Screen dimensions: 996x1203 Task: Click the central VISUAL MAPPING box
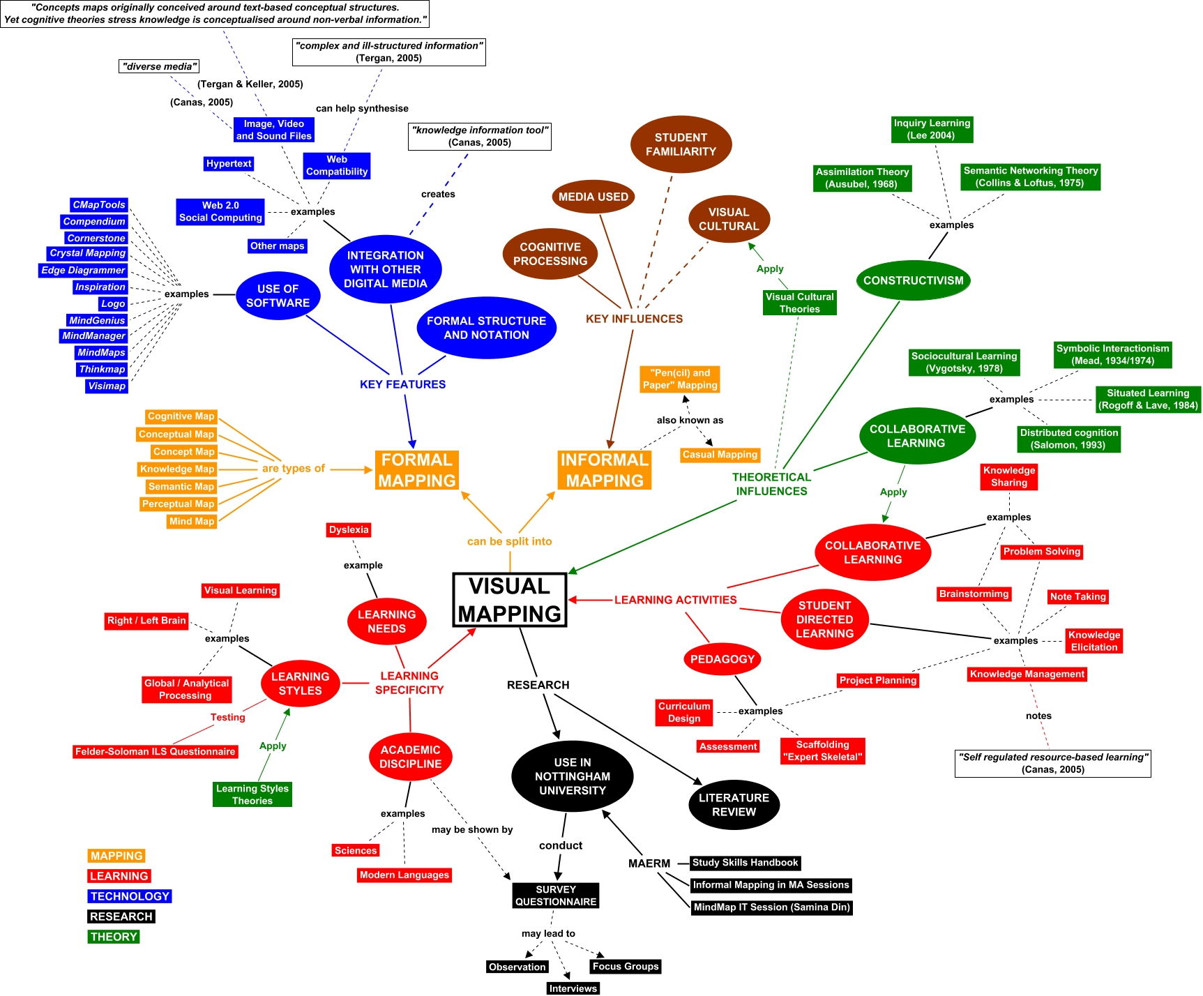pyautogui.click(x=509, y=600)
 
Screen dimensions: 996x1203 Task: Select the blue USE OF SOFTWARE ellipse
pyautogui.click(x=278, y=296)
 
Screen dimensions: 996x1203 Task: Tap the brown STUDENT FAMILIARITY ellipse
pyautogui.click(x=681, y=144)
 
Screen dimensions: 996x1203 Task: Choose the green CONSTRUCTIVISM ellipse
pyautogui.click(x=913, y=280)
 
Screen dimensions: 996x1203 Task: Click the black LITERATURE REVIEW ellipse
pyautogui.click(x=734, y=805)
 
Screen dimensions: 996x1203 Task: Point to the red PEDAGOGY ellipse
pyautogui.click(x=722, y=659)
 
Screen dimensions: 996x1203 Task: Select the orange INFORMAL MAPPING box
pyautogui.click(x=605, y=470)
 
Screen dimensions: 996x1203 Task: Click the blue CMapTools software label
pyautogui.click(x=99, y=205)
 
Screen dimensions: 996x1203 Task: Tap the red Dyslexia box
pyautogui.click(x=349, y=530)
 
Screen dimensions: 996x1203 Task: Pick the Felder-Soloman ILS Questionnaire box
pyautogui.click(x=156, y=752)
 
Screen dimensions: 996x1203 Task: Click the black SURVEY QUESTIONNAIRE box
pyautogui.click(x=556, y=896)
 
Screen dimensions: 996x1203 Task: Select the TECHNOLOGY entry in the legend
pyautogui.click(x=130, y=896)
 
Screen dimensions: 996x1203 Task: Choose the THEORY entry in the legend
pyautogui.click(x=113, y=937)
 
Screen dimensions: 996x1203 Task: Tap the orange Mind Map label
pyautogui.click(x=192, y=521)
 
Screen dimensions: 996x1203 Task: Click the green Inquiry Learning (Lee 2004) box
pyautogui.click(x=932, y=129)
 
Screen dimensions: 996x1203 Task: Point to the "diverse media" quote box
pyautogui.click(x=160, y=66)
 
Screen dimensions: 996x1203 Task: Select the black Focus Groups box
pyautogui.click(x=626, y=967)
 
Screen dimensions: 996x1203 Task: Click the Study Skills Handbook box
pyautogui.click(x=745, y=863)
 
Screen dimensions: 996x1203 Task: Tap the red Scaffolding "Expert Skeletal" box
pyautogui.click(x=822, y=750)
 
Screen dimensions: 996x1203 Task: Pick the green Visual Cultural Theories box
pyautogui.click(x=799, y=303)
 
